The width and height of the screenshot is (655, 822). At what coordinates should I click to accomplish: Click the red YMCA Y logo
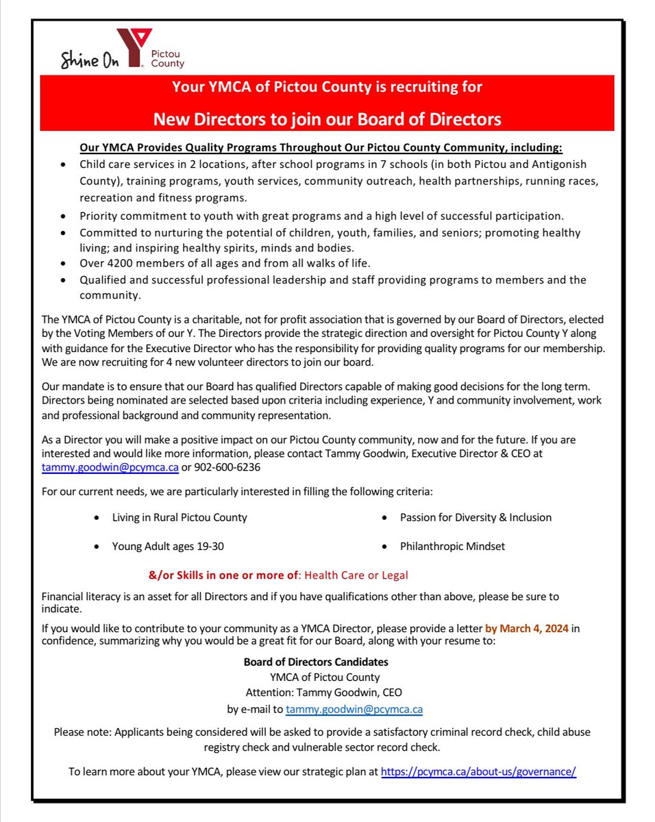(x=131, y=47)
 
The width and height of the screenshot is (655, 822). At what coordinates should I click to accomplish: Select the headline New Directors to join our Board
(x=327, y=119)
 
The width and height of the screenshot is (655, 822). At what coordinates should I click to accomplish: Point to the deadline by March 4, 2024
(x=526, y=628)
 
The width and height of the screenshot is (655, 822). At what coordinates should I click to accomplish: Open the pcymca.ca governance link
(x=478, y=771)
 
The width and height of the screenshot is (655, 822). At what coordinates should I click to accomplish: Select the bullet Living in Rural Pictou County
(x=180, y=517)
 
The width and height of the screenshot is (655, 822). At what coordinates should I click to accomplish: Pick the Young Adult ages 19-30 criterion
(x=168, y=546)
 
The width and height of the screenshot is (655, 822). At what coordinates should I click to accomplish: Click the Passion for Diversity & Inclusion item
(x=475, y=517)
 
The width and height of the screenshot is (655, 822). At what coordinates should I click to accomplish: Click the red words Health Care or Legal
(x=356, y=575)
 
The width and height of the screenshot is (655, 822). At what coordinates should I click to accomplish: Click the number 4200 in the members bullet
(x=121, y=263)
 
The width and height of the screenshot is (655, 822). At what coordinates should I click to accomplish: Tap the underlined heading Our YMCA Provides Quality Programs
(x=320, y=148)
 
